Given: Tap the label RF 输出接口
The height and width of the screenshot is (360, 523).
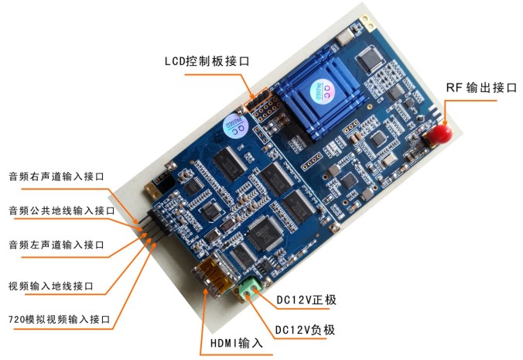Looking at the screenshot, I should click(x=481, y=87).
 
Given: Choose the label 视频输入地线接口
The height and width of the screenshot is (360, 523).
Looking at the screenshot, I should click(x=50, y=285).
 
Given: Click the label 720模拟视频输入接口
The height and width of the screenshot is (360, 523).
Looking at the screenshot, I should click(x=58, y=318).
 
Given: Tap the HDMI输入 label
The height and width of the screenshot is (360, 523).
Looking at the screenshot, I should click(x=237, y=341).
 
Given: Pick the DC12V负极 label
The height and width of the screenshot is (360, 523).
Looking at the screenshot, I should click(x=306, y=330).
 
